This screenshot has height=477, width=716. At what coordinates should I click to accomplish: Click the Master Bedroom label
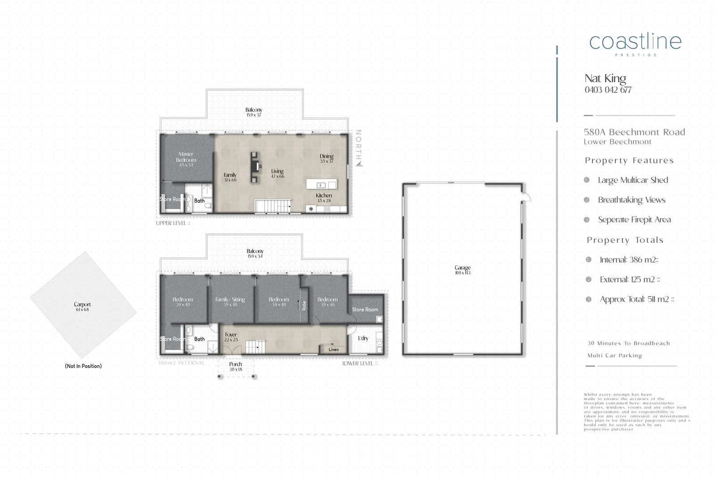pyautogui.click(x=186, y=157)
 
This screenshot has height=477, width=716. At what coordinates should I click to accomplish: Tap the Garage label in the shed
pyautogui.click(x=463, y=268)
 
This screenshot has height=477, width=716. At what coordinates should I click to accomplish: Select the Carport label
pyautogui.click(x=82, y=304)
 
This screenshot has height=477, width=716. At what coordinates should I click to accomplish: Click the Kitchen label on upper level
pyautogui.click(x=324, y=195)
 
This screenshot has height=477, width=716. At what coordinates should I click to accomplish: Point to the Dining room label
pyautogui.click(x=327, y=156)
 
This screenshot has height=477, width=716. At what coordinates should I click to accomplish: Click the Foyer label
pyautogui.click(x=231, y=334)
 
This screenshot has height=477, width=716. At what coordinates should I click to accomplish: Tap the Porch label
pyautogui.click(x=235, y=364)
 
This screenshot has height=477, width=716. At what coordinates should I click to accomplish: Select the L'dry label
pyautogui.click(x=363, y=338)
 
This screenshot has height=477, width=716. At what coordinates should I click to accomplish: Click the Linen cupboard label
pyautogui.click(x=333, y=350)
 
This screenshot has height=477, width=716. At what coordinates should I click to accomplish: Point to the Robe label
pyautogui.click(x=304, y=306)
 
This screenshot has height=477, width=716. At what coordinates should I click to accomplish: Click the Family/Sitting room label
pyautogui.click(x=230, y=300)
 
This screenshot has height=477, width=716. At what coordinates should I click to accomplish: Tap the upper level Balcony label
pyautogui.click(x=254, y=110)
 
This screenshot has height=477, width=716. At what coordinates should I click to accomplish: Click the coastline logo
pyautogui.click(x=635, y=42)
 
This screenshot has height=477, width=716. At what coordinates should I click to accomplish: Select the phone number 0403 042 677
pyautogui.click(x=608, y=90)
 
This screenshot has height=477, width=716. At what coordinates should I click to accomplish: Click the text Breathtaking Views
pyautogui.click(x=631, y=200)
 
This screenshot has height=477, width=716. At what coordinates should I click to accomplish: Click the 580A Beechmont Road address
pyautogui.click(x=634, y=132)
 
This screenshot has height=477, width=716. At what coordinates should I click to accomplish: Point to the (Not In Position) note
pyautogui.click(x=83, y=366)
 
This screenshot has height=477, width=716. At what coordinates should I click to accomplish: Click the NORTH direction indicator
pyautogui.click(x=358, y=148)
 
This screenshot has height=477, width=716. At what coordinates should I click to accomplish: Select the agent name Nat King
pyautogui.click(x=605, y=79)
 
